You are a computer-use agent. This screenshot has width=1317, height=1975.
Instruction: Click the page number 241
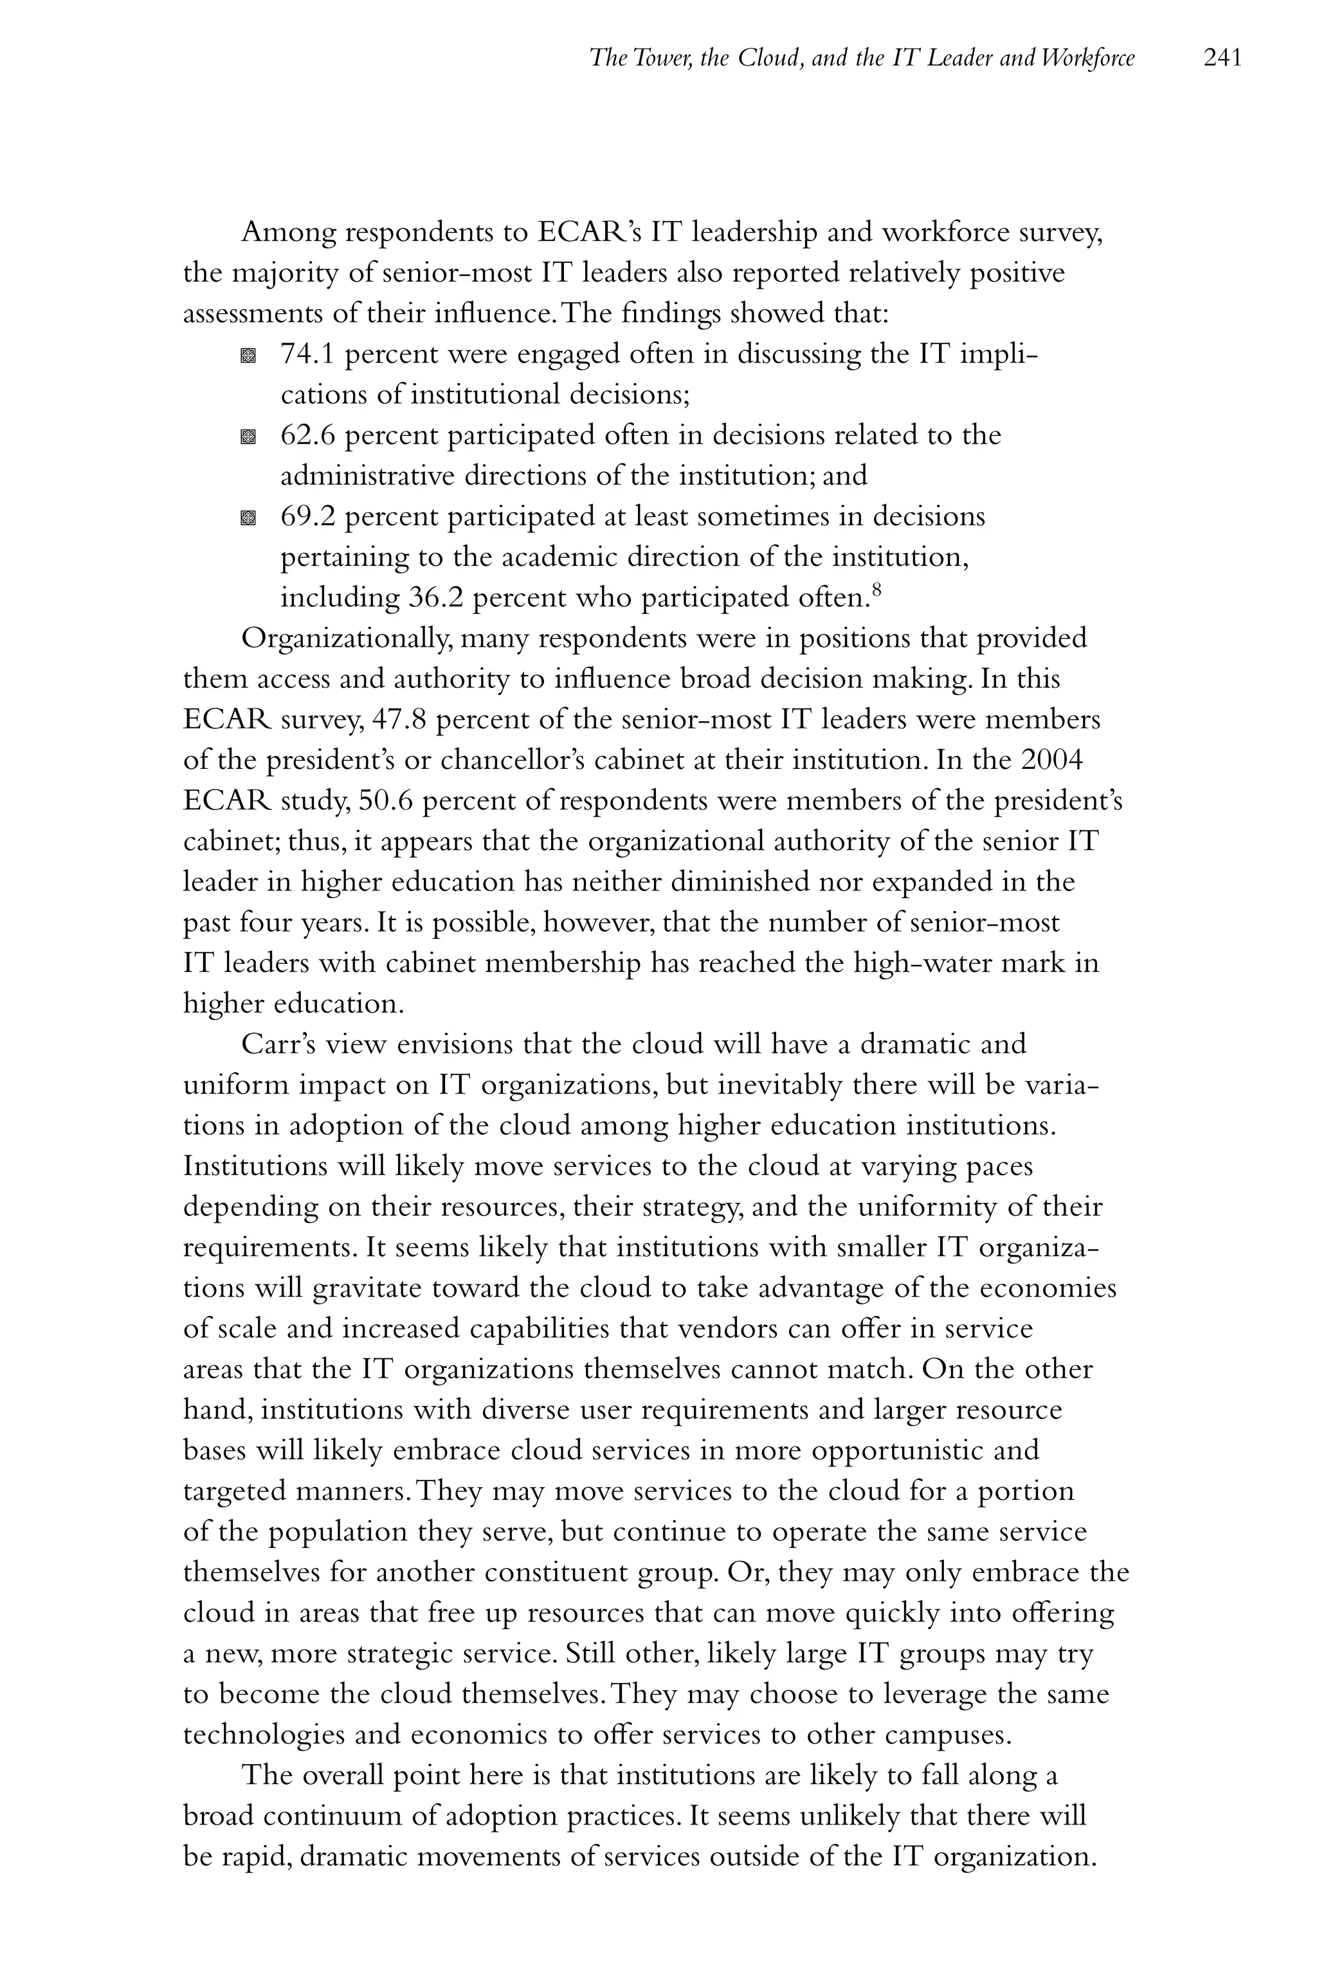[1222, 58]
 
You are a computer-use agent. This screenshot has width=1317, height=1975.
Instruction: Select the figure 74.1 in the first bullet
[307, 354]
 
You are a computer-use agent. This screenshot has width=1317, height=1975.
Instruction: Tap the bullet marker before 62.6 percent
[248, 437]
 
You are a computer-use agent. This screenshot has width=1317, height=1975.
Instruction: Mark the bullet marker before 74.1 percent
[248, 356]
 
